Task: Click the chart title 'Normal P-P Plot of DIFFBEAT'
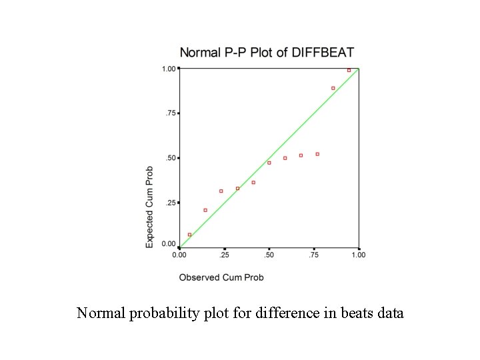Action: pyautogui.click(x=267, y=52)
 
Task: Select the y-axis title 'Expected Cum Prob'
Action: pyautogui.click(x=150, y=207)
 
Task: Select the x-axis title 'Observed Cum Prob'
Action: pyautogui.click(x=221, y=277)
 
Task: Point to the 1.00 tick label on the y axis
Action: pyautogui.click(x=169, y=69)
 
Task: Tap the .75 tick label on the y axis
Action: pyautogui.click(x=170, y=113)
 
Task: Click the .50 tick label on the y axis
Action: pyautogui.click(x=170, y=158)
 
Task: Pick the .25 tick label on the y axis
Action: pyautogui.click(x=170, y=203)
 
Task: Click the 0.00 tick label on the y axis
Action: pyautogui.click(x=169, y=244)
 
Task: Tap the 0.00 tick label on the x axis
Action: pyautogui.click(x=180, y=255)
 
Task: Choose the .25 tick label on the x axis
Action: pyautogui.click(x=225, y=255)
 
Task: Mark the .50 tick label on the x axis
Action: pyautogui.click(x=269, y=255)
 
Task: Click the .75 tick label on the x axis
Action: pyautogui.click(x=314, y=255)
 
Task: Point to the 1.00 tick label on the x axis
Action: pyautogui.click(x=358, y=255)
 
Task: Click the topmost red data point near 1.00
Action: pyautogui.click(x=349, y=70)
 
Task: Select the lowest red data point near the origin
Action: pyautogui.click(x=189, y=235)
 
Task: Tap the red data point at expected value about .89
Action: pyautogui.click(x=333, y=88)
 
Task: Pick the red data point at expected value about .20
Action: pyautogui.click(x=205, y=210)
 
